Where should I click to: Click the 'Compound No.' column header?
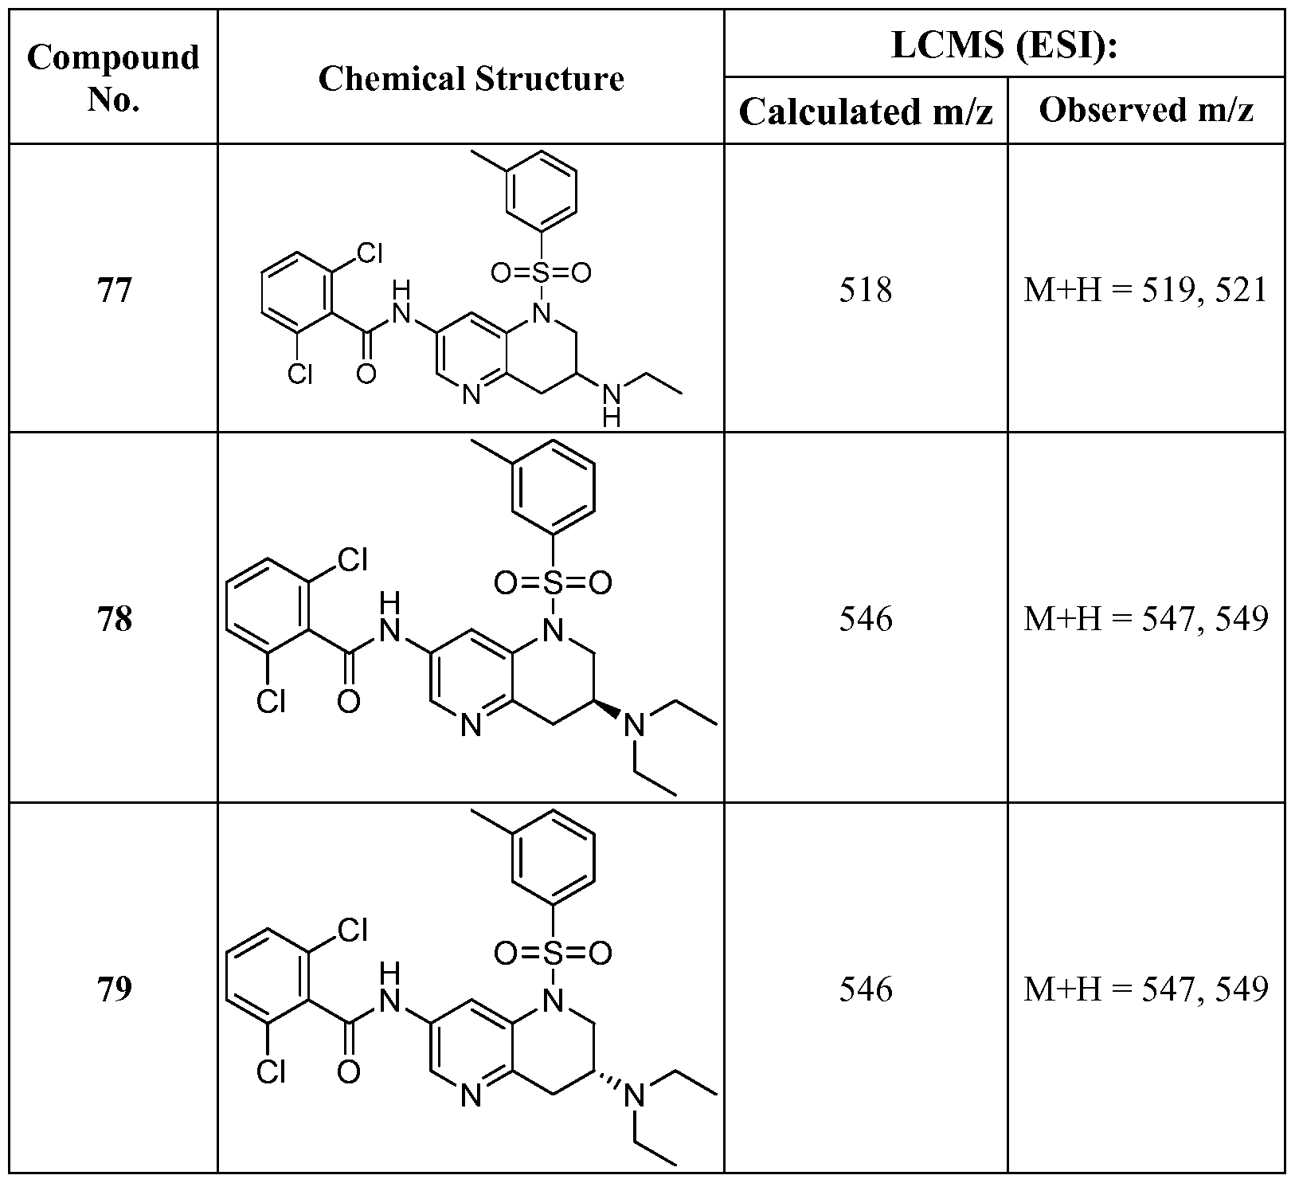coord(113,78)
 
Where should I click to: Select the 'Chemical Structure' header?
coord(471,79)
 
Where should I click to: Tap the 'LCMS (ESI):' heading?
coord(1004,45)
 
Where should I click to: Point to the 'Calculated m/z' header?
coord(866,112)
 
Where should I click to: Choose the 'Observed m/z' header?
coord(1146,111)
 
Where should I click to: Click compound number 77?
coord(113,290)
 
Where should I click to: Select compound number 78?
coord(113,619)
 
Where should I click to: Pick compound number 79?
coord(113,989)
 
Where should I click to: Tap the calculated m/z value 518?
coord(866,290)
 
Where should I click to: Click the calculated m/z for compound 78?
coord(866,619)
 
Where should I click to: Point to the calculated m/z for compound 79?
coord(866,989)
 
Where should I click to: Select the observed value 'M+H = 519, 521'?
coord(1145,290)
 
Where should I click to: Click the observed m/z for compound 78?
coord(1145,619)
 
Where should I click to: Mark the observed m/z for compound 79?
coord(1145,989)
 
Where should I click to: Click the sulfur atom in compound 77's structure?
coord(542,273)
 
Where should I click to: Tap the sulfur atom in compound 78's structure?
coord(553,584)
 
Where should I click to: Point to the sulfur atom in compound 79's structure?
coord(553,953)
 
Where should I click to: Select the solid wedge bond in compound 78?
coord(606,711)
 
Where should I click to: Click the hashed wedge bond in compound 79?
coord(606,1081)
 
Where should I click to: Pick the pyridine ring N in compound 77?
coord(471,394)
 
